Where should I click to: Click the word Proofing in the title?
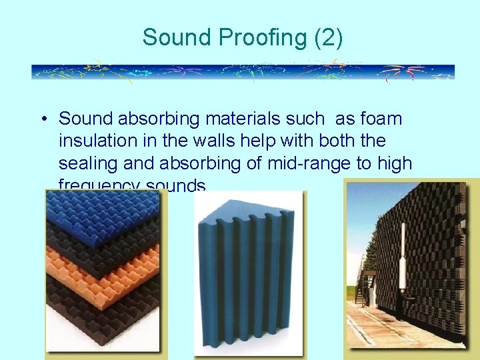tap(251, 38)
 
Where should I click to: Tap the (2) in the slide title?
tap(326, 38)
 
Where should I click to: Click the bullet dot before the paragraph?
tap(42, 120)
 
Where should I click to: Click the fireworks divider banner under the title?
tap(243, 72)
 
